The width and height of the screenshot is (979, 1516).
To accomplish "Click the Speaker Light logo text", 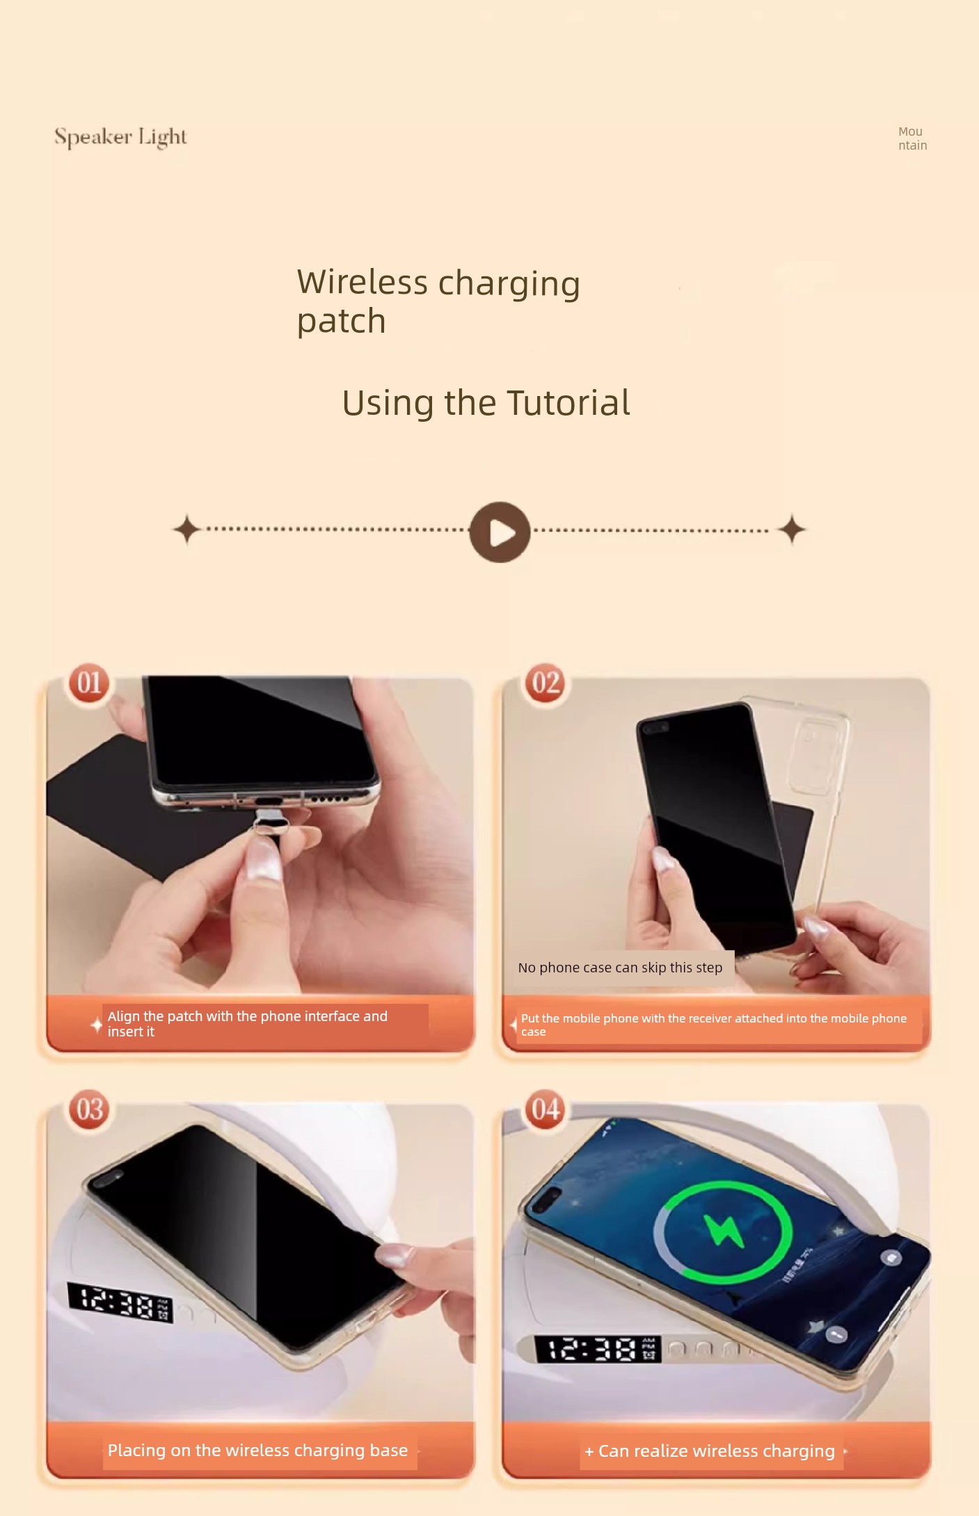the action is coord(120,137).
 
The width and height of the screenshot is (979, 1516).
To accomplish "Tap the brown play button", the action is coord(500,532).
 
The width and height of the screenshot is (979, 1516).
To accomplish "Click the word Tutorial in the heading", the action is coord(568,402).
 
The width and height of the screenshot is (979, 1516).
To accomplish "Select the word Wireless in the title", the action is coord(363,282).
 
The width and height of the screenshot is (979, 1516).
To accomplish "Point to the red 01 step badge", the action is coord(89,683).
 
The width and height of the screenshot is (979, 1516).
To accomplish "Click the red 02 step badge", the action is coord(546,683).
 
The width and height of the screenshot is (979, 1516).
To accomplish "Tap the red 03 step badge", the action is coord(89,1110).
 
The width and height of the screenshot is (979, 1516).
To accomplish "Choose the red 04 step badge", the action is coord(546,1110).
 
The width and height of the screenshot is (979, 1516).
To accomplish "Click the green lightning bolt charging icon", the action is coord(724,1231).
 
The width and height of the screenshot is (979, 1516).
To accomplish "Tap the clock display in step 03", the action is coord(120,1302).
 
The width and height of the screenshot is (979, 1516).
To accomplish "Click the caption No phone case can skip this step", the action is coord(620,968).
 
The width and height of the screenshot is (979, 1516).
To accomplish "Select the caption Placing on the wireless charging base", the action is coord(257,1450).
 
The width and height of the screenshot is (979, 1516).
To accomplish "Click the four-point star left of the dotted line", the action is coord(186,530).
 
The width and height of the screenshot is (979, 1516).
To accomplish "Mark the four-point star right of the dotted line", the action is coord(792,530).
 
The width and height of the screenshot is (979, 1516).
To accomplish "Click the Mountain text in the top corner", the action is coord(912,139).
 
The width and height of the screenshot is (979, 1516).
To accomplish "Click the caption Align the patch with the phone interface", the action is coord(247,1024).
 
